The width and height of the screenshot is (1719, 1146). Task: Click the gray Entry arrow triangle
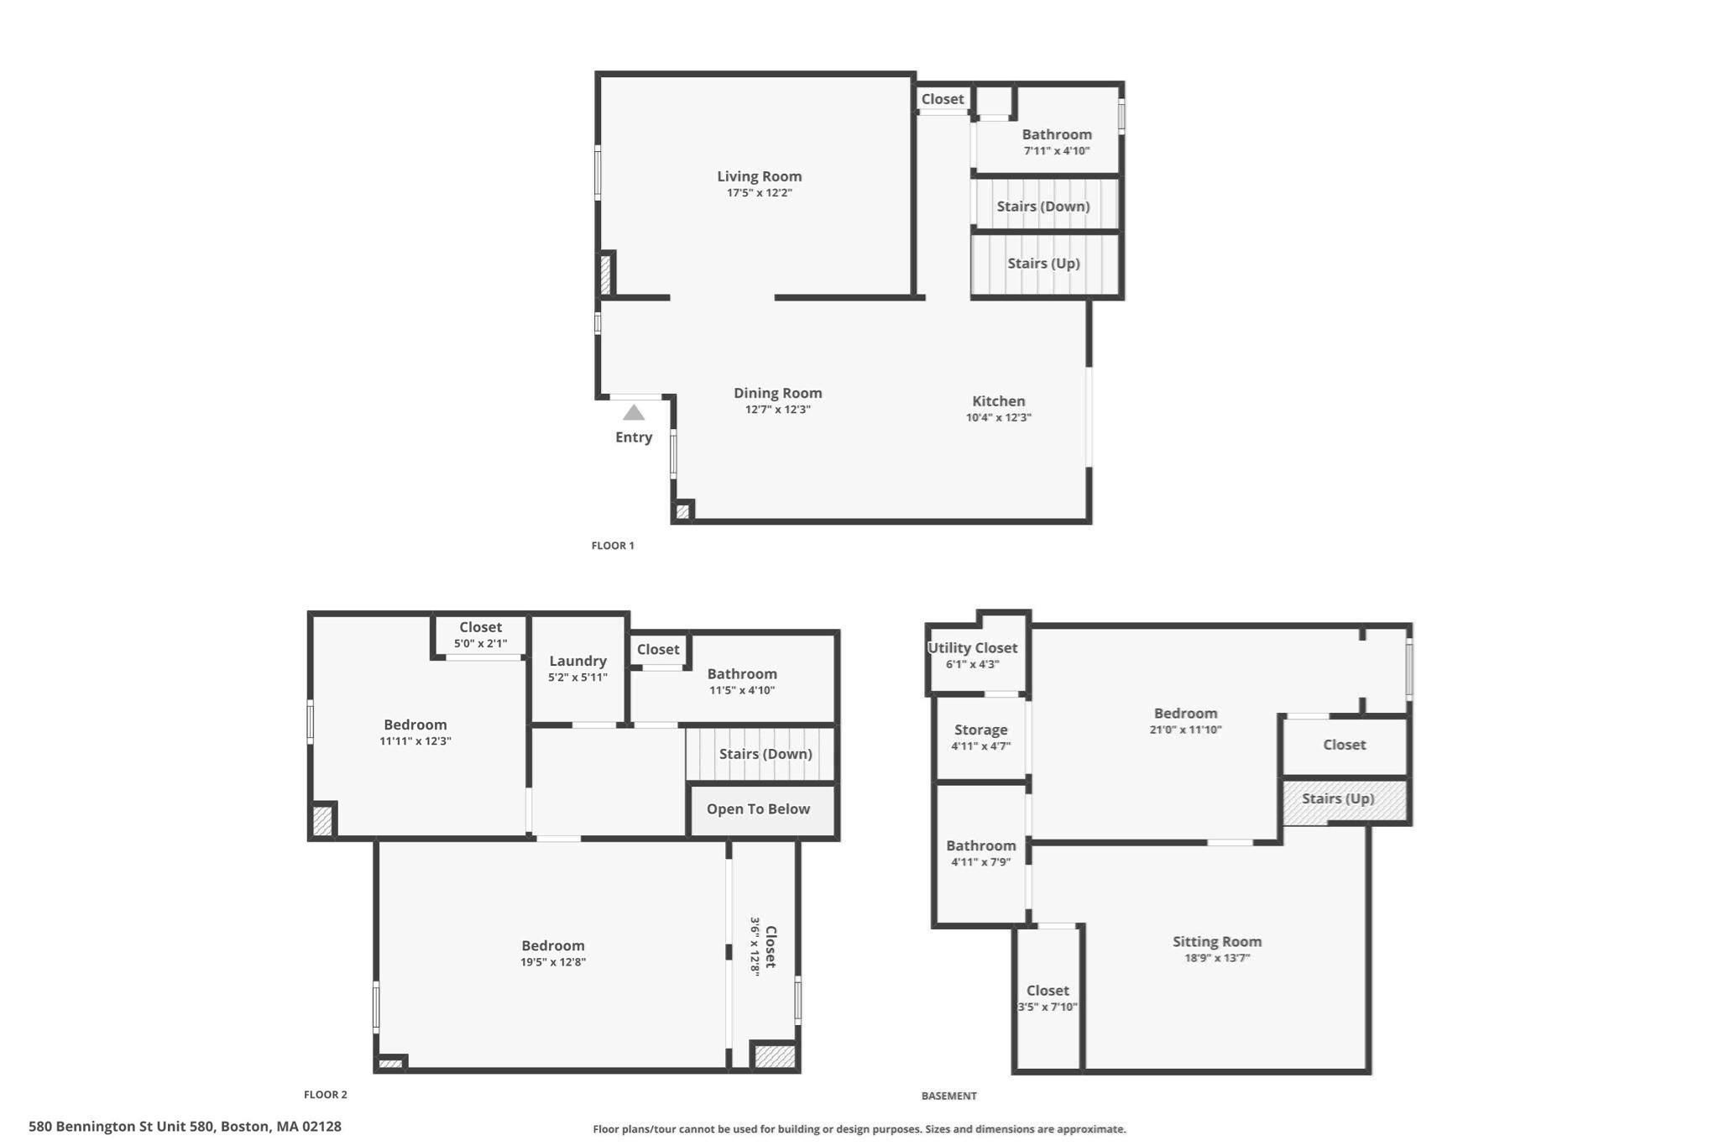click(x=634, y=412)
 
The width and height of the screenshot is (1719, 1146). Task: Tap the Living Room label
click(x=759, y=176)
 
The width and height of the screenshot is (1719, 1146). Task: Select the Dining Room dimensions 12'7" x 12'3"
click(x=777, y=410)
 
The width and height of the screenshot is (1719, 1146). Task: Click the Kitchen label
click(x=998, y=401)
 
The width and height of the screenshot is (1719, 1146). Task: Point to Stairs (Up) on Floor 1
click(x=1043, y=264)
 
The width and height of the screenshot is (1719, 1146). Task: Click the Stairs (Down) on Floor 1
click(x=1043, y=207)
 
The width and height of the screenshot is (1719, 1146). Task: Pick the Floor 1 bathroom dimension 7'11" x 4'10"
click(x=1056, y=151)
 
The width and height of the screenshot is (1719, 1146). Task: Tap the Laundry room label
click(x=577, y=662)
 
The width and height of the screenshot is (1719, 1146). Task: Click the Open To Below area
click(x=758, y=809)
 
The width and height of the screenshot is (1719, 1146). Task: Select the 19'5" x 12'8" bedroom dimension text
click(x=552, y=962)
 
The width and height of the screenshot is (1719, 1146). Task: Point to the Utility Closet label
click(x=972, y=648)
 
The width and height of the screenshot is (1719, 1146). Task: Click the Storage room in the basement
click(x=980, y=730)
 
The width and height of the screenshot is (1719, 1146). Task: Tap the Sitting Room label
click(x=1216, y=942)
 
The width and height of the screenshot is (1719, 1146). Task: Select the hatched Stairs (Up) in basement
click(x=1338, y=798)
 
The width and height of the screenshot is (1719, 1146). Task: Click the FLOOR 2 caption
click(x=325, y=1095)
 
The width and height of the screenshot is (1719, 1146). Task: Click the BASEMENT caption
click(x=948, y=1096)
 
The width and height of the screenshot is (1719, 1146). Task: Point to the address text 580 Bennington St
click(x=185, y=1127)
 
